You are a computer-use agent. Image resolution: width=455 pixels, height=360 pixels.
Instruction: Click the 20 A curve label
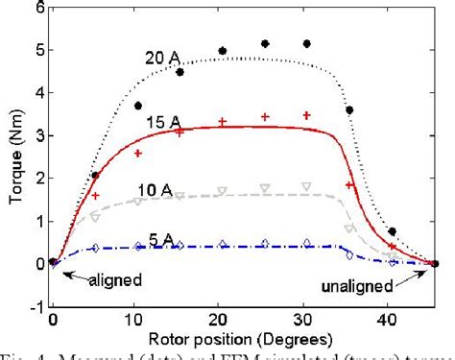click(x=161, y=59)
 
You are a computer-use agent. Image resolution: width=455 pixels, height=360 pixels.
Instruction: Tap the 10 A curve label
click(x=161, y=188)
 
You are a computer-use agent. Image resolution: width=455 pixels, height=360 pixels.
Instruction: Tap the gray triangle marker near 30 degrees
click(x=306, y=186)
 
